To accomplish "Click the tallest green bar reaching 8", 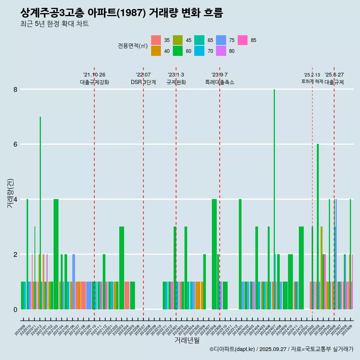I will [274, 187].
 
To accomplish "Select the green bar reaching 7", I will [40, 206].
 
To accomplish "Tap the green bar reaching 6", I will [318, 225].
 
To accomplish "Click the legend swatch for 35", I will [156, 40].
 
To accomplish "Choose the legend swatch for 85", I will [243, 40].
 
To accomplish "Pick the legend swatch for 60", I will [178, 51].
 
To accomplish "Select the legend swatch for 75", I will [221, 40].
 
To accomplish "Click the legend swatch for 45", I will [178, 40].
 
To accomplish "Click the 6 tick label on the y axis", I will [15, 144].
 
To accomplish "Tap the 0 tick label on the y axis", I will [15, 309].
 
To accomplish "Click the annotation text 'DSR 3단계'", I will [143, 82].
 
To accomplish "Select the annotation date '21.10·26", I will [94, 75].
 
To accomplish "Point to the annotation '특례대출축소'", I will [219, 82].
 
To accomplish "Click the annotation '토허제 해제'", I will [312, 81].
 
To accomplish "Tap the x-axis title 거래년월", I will [187, 340].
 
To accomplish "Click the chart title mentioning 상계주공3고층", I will [122, 13].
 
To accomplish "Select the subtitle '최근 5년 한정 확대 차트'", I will [55, 24].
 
